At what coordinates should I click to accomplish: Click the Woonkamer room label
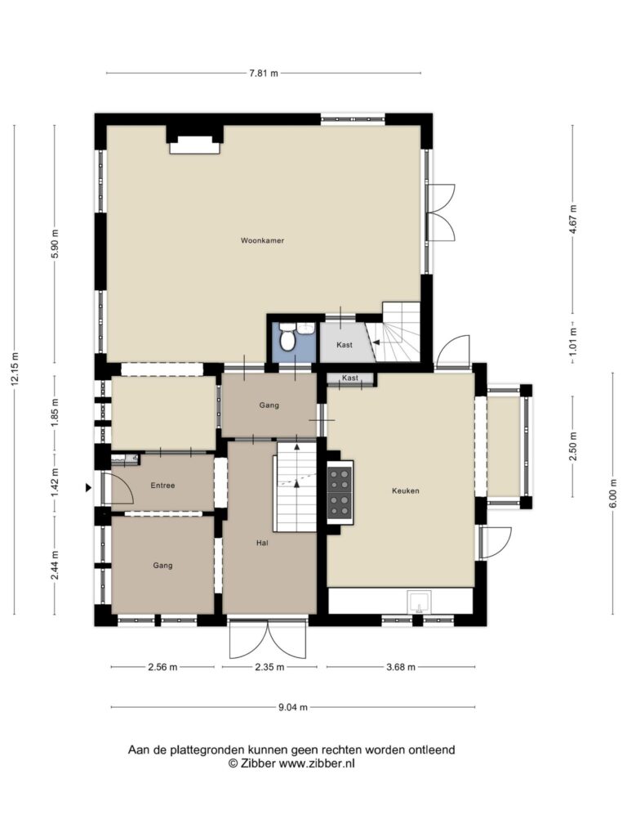[262, 241]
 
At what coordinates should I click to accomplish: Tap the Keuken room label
[405, 490]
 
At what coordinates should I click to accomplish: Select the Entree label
[162, 486]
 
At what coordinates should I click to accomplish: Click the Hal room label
[262, 543]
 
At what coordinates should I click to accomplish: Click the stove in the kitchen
[340, 492]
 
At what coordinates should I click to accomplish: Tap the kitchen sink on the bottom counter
[420, 602]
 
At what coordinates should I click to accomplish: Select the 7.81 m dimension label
[264, 73]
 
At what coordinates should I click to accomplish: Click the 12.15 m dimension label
[15, 369]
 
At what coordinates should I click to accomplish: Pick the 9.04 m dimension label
[293, 707]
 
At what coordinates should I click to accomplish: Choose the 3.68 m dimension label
[400, 667]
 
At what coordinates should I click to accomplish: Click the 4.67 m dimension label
[572, 219]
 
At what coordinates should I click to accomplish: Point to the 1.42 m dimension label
[55, 484]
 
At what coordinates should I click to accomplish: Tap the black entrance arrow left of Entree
[88, 487]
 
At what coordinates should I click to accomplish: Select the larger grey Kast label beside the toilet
[345, 345]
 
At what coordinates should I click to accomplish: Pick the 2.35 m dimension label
[269, 667]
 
